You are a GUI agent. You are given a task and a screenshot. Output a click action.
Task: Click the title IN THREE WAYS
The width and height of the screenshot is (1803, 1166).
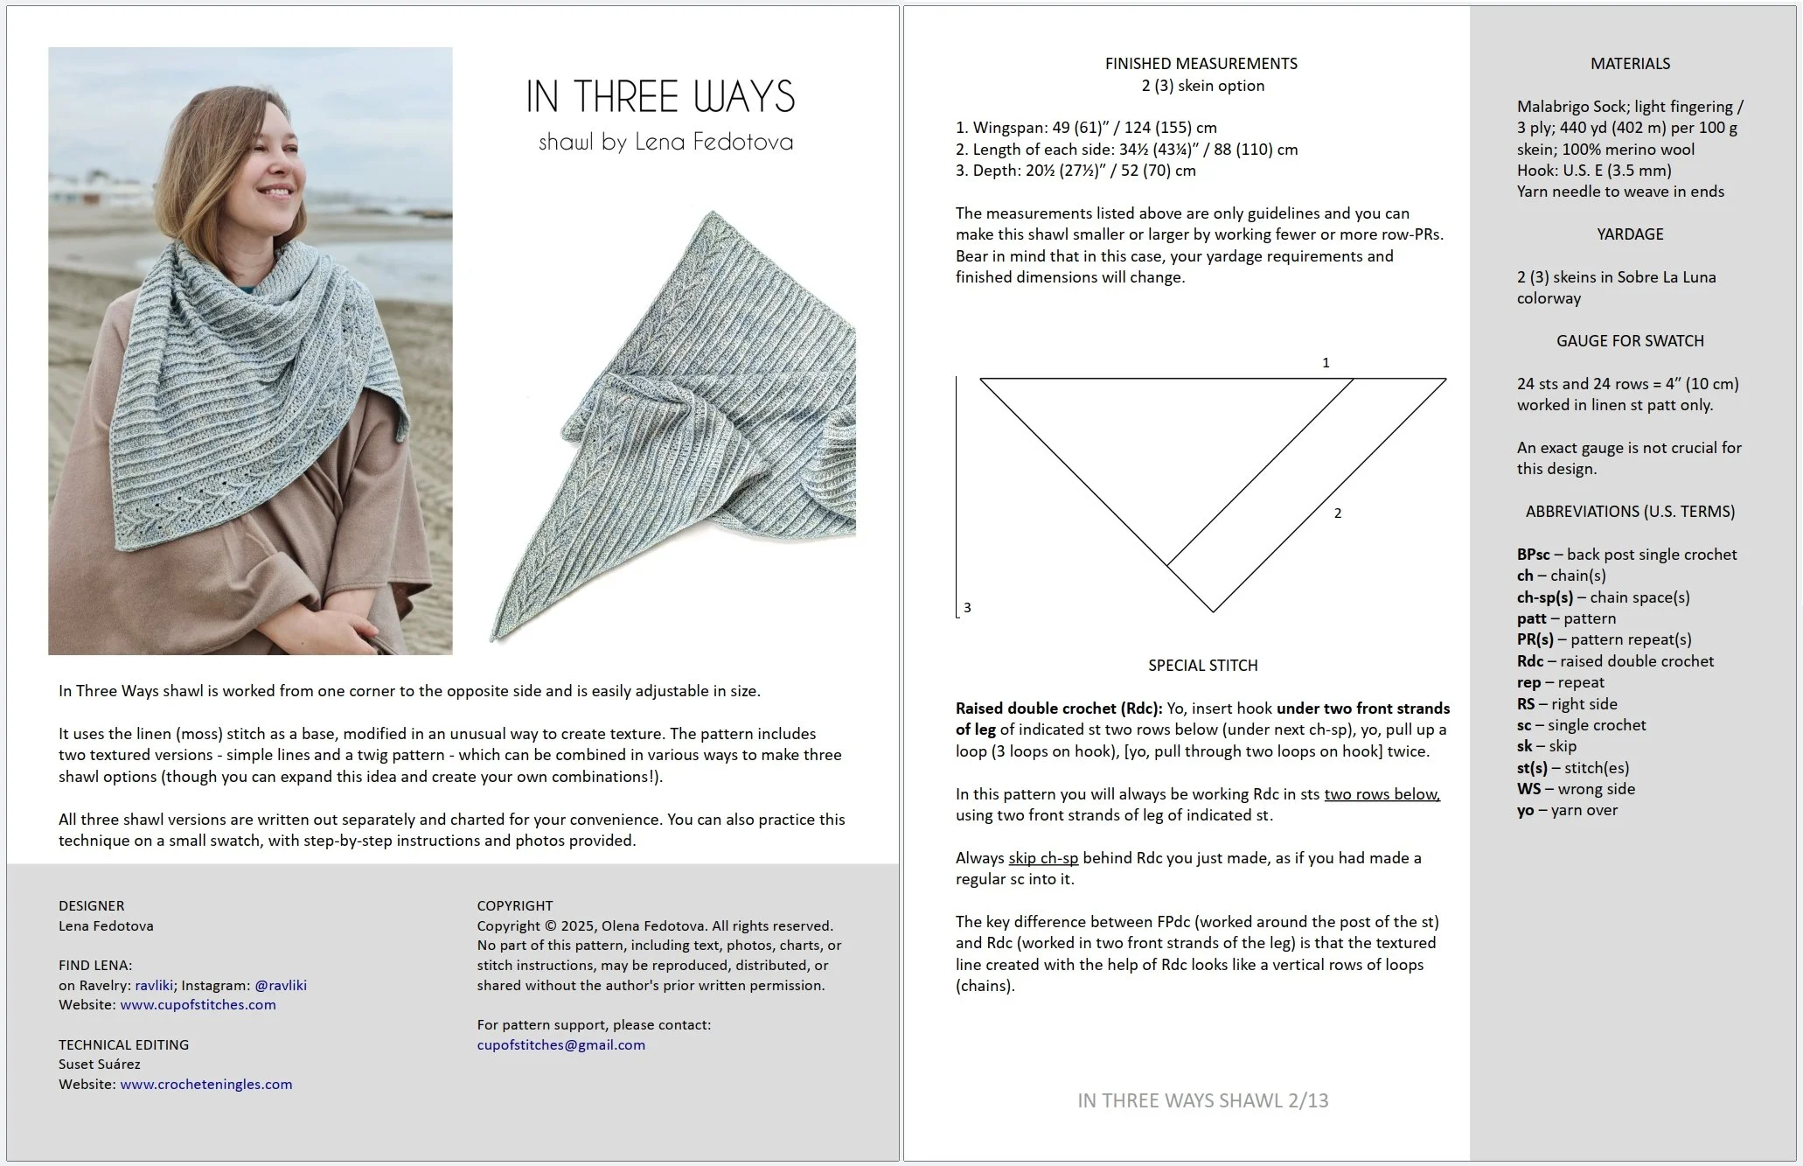[660, 96]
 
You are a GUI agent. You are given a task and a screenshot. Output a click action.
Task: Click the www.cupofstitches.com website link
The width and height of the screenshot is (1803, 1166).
[198, 1004]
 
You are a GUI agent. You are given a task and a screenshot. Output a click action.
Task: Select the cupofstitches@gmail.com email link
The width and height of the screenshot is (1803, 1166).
[560, 1044]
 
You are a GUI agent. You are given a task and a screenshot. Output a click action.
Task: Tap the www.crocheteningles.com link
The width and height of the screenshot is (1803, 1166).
[205, 1084]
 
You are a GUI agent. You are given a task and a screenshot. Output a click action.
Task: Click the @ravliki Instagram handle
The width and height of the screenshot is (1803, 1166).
[280, 985]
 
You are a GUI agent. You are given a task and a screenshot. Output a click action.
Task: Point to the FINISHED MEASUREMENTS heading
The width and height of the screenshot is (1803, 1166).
[1201, 64]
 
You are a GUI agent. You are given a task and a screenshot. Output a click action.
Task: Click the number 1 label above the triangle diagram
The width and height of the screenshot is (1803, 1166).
[1326, 362]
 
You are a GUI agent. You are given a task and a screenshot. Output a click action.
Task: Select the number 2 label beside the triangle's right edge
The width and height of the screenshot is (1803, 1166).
[1337, 513]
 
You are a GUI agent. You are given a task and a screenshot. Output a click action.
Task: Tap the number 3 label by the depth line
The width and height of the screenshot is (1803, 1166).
[967, 607]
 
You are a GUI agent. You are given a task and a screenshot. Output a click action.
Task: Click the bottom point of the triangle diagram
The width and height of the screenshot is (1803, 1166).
[1213, 611]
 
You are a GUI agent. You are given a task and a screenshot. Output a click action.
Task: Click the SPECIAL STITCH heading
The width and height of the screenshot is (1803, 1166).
[1202, 666]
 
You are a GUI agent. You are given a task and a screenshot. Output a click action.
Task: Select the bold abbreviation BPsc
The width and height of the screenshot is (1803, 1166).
[1533, 555]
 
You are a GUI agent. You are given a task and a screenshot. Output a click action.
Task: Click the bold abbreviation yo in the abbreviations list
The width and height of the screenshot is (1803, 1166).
[1525, 810]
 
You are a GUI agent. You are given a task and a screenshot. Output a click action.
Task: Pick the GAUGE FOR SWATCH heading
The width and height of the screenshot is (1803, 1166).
[1629, 341]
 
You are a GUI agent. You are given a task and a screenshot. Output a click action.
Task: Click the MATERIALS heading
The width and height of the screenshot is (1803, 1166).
[1629, 64]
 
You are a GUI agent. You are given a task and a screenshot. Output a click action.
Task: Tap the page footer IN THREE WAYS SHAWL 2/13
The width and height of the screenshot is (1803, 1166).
[1202, 1100]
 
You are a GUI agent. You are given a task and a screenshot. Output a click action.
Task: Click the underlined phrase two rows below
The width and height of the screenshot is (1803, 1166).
[1381, 794]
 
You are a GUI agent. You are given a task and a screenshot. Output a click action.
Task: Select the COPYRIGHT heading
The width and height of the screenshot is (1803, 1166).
[514, 905]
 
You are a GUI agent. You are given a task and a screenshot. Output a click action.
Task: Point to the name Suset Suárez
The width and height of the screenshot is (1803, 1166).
[99, 1065]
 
